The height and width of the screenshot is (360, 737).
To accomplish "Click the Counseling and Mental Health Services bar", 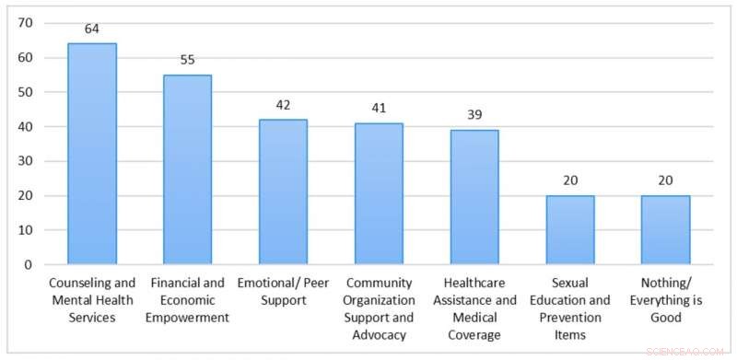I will tap(92, 154).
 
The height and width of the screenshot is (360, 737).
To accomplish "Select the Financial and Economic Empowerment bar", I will tap(187, 169).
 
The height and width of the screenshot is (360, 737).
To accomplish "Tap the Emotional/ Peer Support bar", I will tap(283, 192).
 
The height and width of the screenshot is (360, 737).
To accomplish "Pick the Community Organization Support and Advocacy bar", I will tap(379, 193).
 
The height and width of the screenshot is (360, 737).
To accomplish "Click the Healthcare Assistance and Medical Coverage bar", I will tap(474, 197).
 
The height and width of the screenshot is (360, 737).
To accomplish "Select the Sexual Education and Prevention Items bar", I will tap(570, 230).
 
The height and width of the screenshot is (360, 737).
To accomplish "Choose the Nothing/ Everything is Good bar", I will tap(665, 230).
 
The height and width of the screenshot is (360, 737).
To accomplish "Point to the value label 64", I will tap(92, 29).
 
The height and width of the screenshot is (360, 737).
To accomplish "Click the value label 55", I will tap(187, 60).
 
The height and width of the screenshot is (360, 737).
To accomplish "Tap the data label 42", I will tap(283, 105).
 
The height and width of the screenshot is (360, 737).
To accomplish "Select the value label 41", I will tap(379, 109).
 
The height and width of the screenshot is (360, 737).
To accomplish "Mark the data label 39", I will tap(474, 115).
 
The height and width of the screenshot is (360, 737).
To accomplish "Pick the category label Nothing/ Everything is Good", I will tap(665, 300).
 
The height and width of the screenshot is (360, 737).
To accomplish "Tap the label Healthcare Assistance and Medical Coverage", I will tap(474, 308).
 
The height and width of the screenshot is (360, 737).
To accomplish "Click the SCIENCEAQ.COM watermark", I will tap(686, 351).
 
